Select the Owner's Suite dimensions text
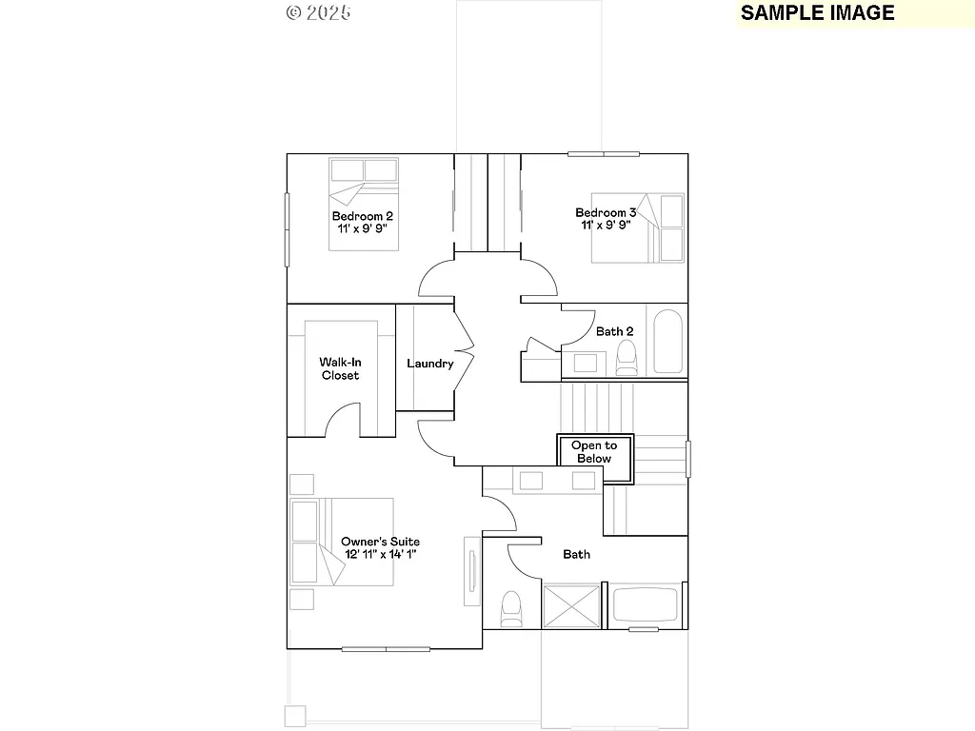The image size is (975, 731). click(380, 554)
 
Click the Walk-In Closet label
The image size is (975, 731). click(339, 368)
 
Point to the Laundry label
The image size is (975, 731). click(429, 364)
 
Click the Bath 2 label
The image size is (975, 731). click(614, 331)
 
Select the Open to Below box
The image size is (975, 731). click(595, 451)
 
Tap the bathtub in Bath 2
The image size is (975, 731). click(667, 341)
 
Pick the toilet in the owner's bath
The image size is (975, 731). click(511, 608)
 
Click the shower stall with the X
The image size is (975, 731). click(570, 606)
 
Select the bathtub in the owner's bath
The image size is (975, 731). click(645, 605)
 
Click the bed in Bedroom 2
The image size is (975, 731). click(364, 204)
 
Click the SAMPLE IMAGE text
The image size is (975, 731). click(817, 12)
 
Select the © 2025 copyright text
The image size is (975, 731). click(318, 12)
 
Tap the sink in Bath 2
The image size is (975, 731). click(585, 363)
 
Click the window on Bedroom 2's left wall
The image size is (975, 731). click(287, 229)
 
